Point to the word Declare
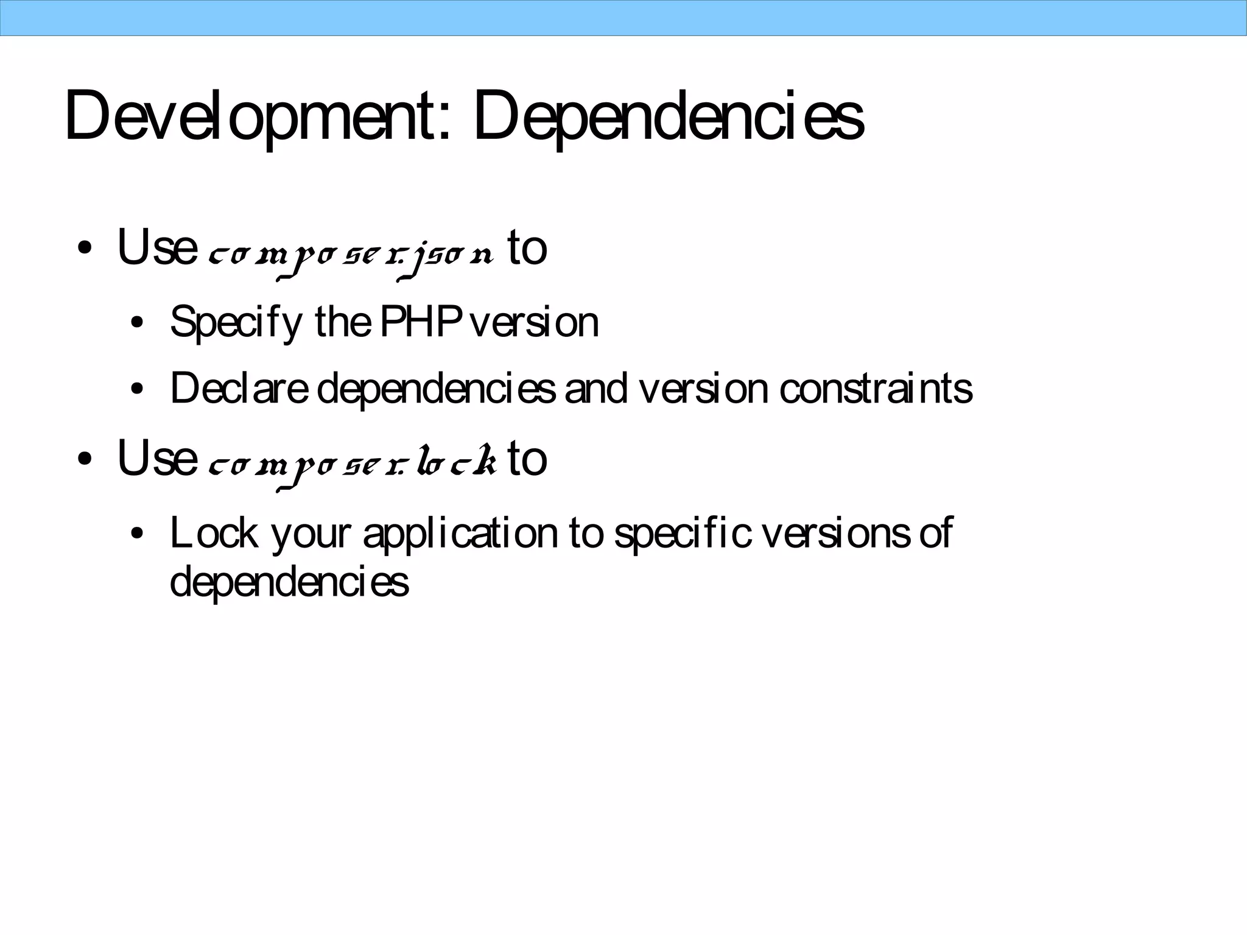[x=239, y=388]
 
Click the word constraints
[x=876, y=388]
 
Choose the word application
[x=460, y=534]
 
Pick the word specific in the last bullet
[x=682, y=534]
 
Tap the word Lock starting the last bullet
[x=214, y=532]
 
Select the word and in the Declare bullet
[x=595, y=388]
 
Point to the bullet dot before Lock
[x=137, y=534]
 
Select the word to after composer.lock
[x=527, y=459]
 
